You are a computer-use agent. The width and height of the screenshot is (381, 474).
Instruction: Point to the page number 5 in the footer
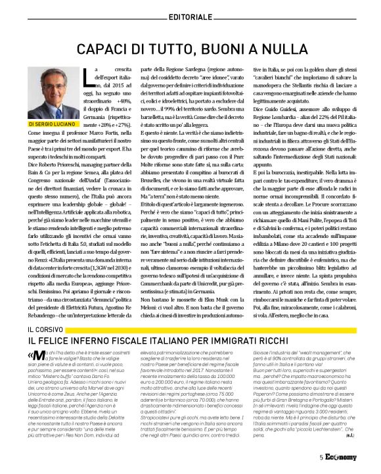(321, 458)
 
